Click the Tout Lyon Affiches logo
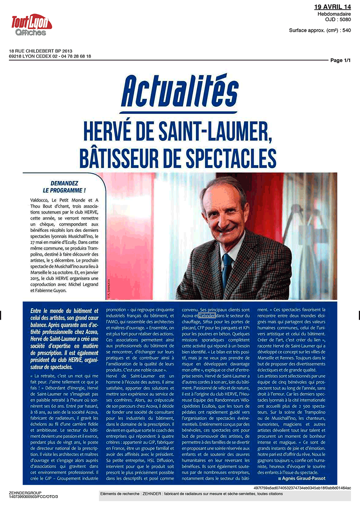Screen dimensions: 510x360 31,25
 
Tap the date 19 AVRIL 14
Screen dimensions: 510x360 333,7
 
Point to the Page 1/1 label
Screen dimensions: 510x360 340,60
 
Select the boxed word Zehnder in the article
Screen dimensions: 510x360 207,315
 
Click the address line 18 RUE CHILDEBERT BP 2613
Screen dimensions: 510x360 40,51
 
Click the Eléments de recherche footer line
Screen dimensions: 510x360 191,494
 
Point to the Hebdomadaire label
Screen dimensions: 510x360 334,14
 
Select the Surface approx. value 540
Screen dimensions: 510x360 347,30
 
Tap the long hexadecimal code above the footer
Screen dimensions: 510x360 302,488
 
